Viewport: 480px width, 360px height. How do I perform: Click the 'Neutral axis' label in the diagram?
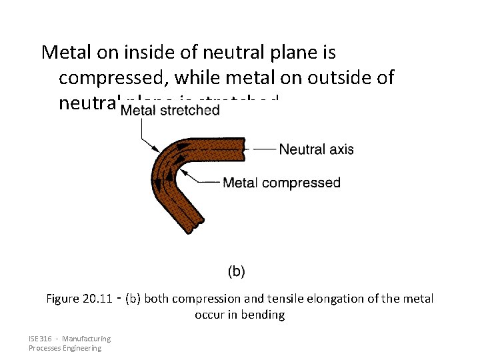(316, 149)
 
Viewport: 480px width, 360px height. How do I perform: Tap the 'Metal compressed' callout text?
(281, 182)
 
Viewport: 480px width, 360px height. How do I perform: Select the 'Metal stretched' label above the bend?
(170, 110)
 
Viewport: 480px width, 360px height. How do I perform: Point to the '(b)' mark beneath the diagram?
(237, 271)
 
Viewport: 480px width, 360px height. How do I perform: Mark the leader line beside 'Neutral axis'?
(261, 149)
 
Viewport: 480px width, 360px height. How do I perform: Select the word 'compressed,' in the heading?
(113, 77)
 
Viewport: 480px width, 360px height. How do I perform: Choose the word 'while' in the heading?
(197, 77)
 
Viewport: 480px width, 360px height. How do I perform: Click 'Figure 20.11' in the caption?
(79, 299)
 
